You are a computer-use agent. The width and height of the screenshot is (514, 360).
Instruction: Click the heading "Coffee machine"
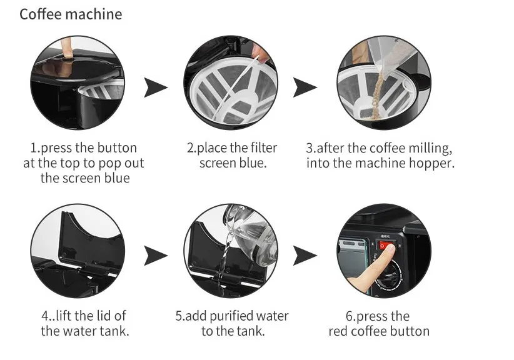[71, 14]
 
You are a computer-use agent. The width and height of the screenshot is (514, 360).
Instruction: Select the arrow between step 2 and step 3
[305, 87]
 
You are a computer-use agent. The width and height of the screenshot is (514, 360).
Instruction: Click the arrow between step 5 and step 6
[305, 255]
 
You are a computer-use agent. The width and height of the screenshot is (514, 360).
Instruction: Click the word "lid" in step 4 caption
[101, 316]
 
